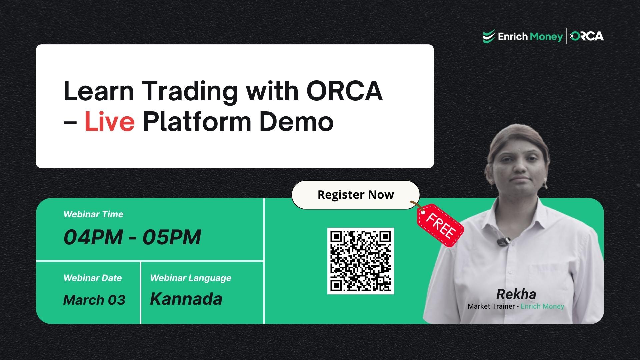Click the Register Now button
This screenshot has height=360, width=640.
pos(355,195)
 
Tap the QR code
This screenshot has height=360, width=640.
pos(360,261)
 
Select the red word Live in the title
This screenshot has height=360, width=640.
pos(110,121)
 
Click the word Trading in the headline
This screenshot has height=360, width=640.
pos(190,91)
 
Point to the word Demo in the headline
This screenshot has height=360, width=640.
pos(296,121)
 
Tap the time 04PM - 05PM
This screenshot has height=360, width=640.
pos(132,237)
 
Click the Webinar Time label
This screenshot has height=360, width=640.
pos(93,214)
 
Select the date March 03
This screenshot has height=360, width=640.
pos(94,300)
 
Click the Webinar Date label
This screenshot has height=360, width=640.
pos(93,278)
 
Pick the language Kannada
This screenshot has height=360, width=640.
pos(186,299)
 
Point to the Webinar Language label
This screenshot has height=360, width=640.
pos(191,278)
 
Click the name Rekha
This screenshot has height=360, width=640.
pos(516,294)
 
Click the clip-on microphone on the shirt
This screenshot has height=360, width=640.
pos(503,241)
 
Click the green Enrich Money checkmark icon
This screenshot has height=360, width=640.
pos(489,36)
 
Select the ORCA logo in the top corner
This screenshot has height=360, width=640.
pos(587,36)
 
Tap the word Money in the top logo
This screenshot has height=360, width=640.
pos(546,36)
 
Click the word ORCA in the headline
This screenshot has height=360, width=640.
pos(344,91)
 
